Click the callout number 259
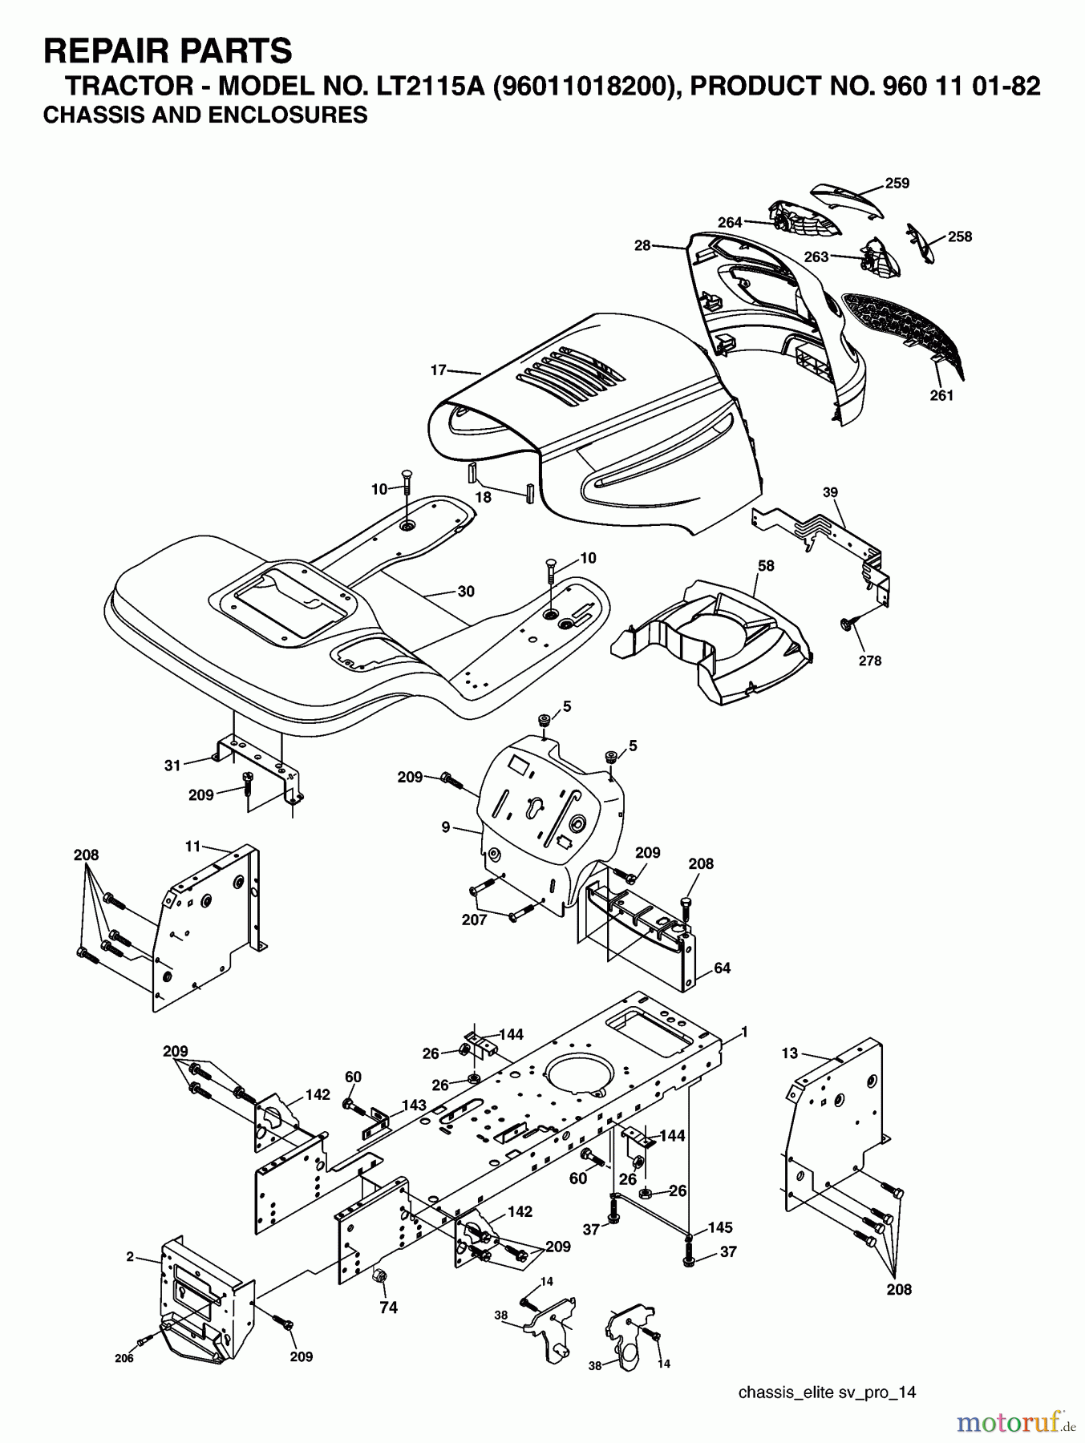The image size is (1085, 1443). [897, 184]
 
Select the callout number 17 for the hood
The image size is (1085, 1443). [438, 370]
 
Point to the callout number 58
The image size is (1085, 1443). [766, 565]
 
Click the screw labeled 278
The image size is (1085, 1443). [847, 623]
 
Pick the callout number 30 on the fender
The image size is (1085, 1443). [465, 592]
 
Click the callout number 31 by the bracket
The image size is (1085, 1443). [172, 766]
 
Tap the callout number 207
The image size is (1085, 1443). [474, 920]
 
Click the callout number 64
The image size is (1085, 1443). [722, 968]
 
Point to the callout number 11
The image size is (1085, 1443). [192, 846]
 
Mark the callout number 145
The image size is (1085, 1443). [720, 1227]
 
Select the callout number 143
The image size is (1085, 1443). [413, 1105]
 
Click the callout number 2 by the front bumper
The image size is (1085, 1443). [130, 1257]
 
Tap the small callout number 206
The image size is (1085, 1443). [123, 1358]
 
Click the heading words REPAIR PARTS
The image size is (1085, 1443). [168, 51]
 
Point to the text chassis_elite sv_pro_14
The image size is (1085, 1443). [827, 1392]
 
